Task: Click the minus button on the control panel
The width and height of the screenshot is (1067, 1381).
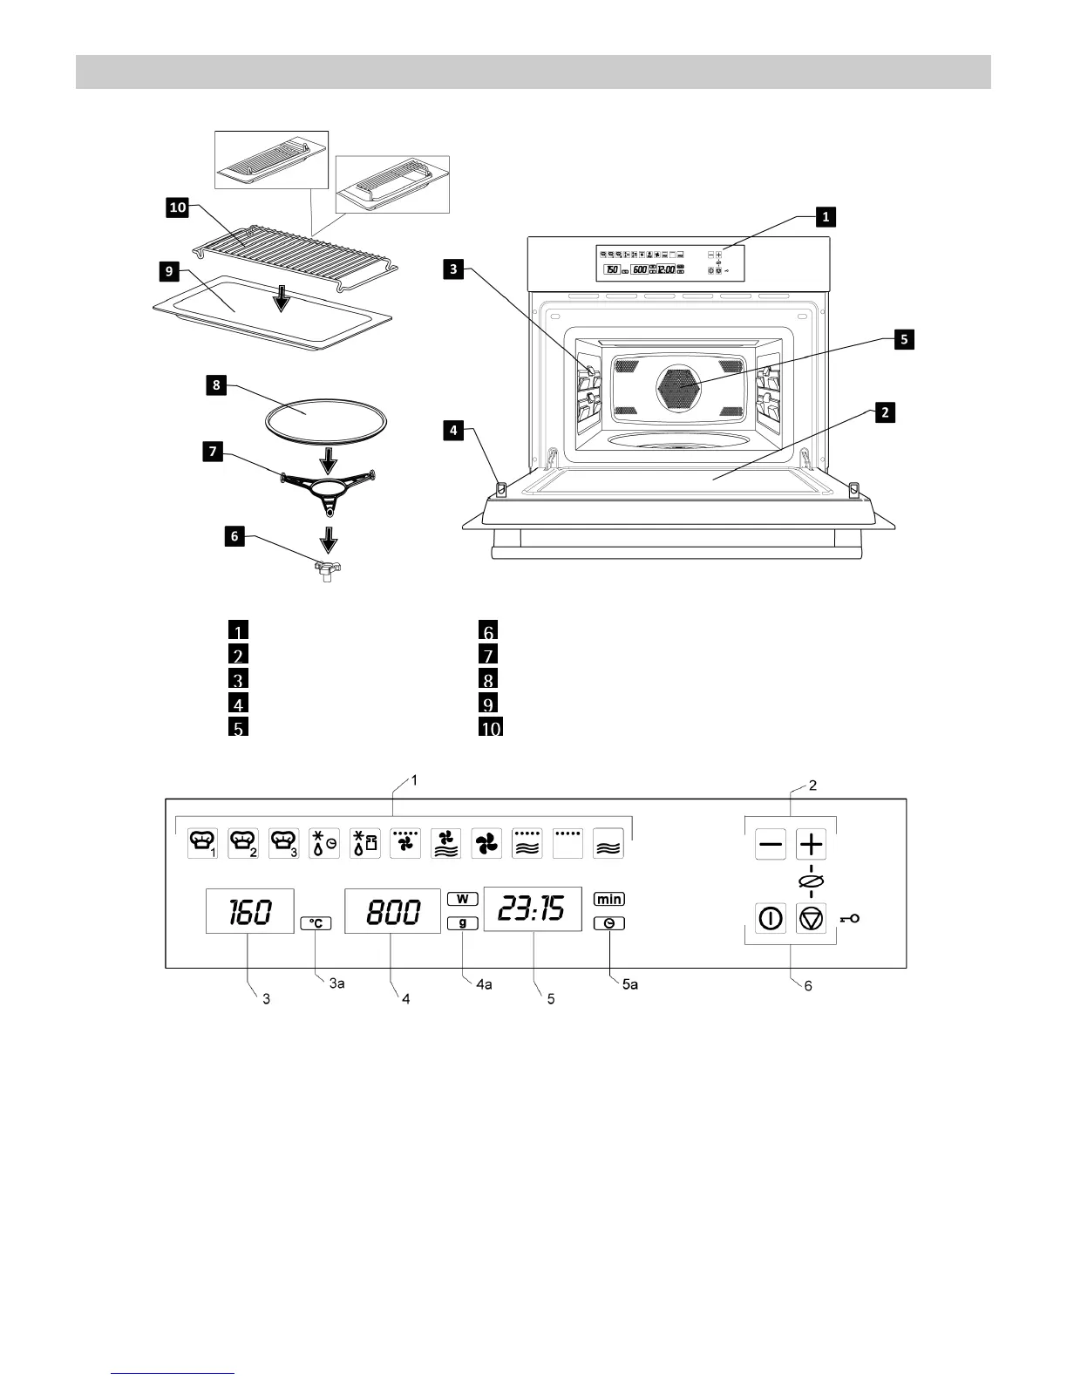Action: pos(770,844)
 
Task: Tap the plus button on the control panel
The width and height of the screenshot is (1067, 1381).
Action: pos(811,844)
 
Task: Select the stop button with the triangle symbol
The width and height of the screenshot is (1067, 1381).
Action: pos(811,919)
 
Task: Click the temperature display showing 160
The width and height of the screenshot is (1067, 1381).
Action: pos(249,912)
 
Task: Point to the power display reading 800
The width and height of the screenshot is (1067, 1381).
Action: pos(392,912)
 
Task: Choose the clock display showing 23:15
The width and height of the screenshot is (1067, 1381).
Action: pos(533,910)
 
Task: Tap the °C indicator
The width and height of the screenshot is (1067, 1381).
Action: pos(316,923)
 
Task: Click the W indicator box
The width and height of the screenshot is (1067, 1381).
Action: pos(463,898)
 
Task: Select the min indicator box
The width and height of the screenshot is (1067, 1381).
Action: pos(609,899)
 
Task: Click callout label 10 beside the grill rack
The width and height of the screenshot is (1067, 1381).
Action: pos(178,207)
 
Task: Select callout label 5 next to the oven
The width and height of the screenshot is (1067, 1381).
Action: pos(904,339)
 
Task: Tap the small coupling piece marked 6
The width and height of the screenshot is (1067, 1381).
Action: pos(327,571)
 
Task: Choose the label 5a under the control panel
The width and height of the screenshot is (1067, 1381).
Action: pos(629,984)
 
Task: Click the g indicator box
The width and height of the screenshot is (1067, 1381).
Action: pos(463,923)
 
